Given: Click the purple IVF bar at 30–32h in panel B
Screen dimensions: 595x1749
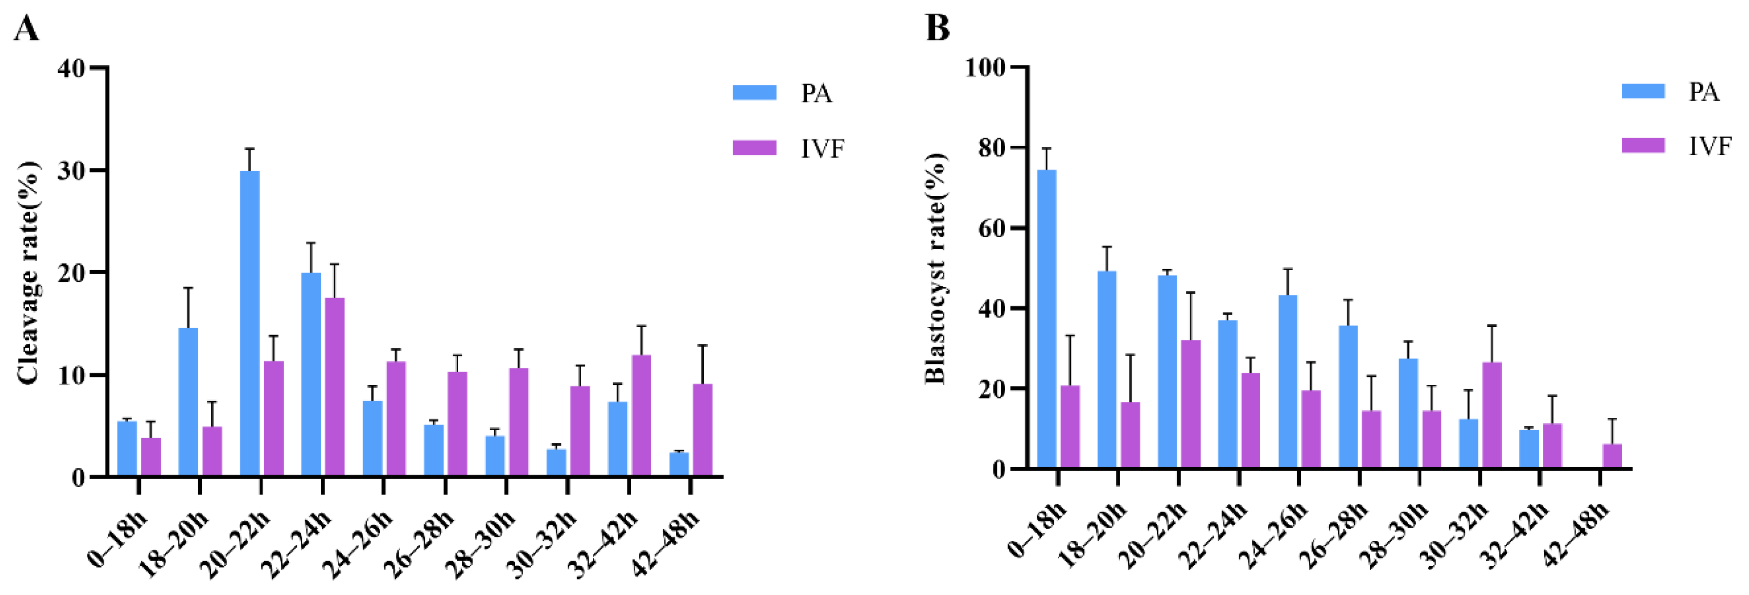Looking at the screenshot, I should point(1492,415).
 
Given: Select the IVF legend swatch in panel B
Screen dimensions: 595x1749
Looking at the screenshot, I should point(1643,145).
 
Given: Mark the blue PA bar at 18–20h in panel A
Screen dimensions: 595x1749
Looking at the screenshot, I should point(188,401).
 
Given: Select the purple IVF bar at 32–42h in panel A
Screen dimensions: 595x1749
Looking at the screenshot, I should point(641,415).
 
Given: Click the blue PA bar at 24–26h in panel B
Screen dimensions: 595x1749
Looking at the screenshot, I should point(1288,382).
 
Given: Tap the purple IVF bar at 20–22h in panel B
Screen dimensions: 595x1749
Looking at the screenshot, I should point(1190,404).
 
